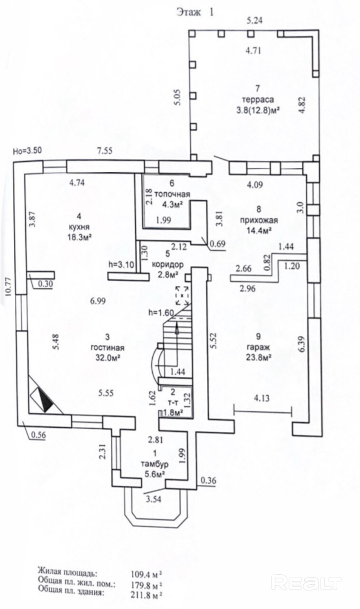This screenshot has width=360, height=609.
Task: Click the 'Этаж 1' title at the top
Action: (x=195, y=12)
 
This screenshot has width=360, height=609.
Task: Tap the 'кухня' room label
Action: (x=79, y=227)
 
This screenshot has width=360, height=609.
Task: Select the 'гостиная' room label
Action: (x=107, y=348)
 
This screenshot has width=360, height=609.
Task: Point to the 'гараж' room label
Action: (x=258, y=347)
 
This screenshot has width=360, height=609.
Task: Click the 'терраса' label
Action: (x=258, y=99)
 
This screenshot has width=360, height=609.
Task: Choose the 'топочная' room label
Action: (x=172, y=194)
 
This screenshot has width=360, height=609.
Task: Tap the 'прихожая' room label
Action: (x=259, y=220)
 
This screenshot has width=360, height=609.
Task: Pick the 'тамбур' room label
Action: (x=155, y=464)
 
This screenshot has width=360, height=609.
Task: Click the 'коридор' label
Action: (x=168, y=264)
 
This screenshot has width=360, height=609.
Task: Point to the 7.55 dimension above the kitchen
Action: (x=105, y=150)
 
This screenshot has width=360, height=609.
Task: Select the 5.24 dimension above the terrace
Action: (x=254, y=20)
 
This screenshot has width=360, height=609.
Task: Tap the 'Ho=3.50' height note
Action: (x=28, y=151)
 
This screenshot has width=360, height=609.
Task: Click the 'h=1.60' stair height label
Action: (x=161, y=313)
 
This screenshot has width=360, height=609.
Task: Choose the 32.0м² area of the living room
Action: (x=107, y=358)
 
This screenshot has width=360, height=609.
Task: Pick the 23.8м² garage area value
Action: (x=258, y=357)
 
